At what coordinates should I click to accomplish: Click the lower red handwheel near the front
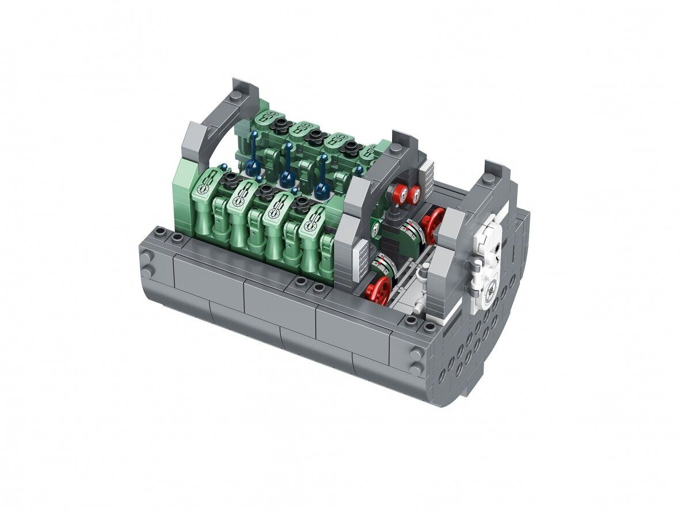tap(378, 290)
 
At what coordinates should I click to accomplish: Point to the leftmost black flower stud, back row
tap(280, 123)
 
